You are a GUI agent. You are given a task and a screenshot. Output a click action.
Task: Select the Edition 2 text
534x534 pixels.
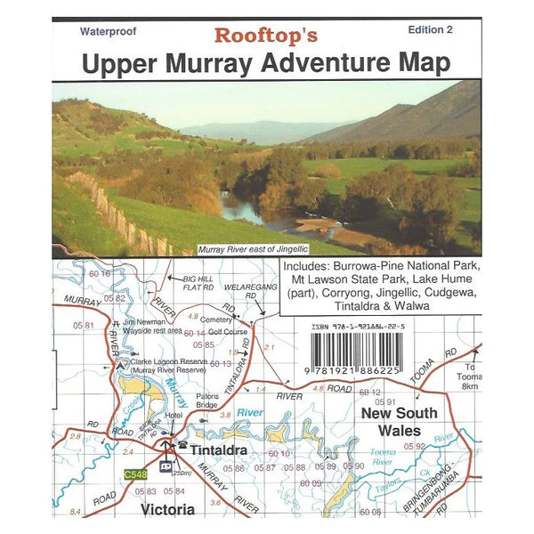[430, 29]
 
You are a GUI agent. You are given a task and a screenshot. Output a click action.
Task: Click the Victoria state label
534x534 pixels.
[167, 510]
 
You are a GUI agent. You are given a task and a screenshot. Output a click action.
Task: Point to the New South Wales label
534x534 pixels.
[398, 421]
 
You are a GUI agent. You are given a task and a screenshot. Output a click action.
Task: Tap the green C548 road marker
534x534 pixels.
[136, 474]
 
